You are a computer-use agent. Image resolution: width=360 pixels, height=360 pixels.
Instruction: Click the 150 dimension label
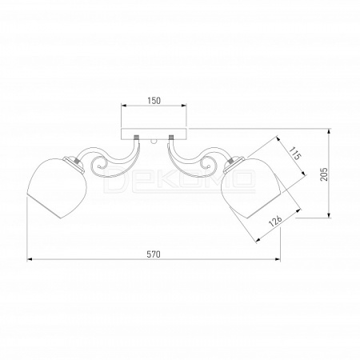pos(154,101)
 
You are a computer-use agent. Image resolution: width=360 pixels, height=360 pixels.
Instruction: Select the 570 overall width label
pos(154,254)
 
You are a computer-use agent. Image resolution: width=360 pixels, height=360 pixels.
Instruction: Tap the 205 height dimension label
pos(324,174)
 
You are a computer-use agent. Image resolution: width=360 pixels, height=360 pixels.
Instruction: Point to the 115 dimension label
pos(295,153)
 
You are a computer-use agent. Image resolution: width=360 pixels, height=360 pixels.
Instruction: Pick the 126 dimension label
pos(275,221)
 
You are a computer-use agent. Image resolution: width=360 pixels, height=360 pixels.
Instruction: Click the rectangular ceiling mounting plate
pos(154,134)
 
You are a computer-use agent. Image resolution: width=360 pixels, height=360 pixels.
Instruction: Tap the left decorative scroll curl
pos(99,164)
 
